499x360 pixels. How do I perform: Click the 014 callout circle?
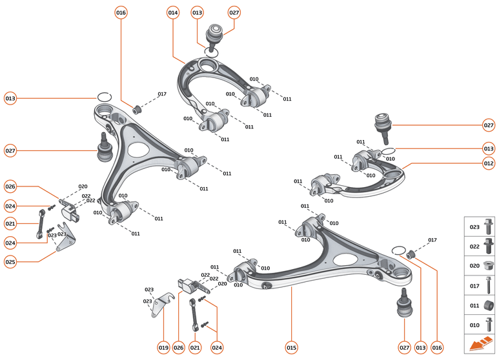click(173, 13)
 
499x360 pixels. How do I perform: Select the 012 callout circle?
click(489, 163)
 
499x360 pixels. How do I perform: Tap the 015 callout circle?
click(291, 348)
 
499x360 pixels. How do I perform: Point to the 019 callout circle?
click(163, 348)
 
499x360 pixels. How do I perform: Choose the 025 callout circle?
click(10, 262)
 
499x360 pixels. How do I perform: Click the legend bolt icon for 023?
click(489, 228)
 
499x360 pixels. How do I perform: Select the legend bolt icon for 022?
click(489, 246)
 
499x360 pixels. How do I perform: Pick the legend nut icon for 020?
click(489, 265)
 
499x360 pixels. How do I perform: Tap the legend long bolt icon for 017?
click(489, 285)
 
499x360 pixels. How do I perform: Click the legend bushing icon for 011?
click(489, 305)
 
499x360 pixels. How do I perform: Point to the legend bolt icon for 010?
click(489, 325)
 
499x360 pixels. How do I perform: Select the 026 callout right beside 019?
click(179, 348)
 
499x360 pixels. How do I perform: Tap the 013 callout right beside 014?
click(197, 13)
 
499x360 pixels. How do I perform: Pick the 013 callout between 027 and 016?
click(421, 348)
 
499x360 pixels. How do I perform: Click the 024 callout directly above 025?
click(10, 243)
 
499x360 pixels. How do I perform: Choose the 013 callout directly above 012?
click(489, 148)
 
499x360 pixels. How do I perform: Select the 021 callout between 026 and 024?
click(195, 348)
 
